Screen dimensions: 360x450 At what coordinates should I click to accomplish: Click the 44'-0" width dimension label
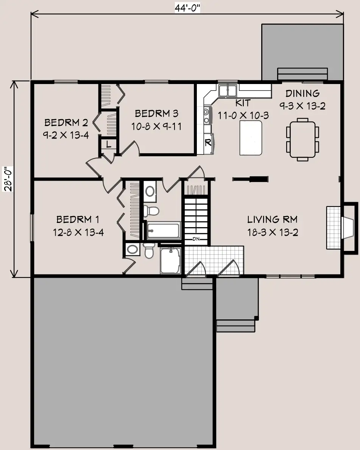(x=187, y=8)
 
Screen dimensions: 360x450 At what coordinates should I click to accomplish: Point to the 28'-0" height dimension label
(x=8, y=179)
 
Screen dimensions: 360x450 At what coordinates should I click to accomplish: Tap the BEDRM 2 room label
(x=66, y=123)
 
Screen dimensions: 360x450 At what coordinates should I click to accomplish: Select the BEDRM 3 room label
(x=156, y=114)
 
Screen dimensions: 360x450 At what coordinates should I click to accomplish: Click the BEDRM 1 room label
(x=78, y=220)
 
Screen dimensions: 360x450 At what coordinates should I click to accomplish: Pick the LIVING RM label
(x=273, y=220)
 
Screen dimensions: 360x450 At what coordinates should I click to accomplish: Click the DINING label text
(x=302, y=93)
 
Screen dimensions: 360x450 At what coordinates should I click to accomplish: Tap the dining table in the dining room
(x=302, y=139)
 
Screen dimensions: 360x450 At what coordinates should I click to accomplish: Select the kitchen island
(x=251, y=138)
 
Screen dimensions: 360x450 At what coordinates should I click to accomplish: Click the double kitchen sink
(x=228, y=90)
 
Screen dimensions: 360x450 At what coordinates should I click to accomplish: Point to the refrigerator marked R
(x=209, y=143)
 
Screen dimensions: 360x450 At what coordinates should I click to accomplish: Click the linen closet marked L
(x=109, y=144)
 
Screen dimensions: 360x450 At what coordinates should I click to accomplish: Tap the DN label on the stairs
(x=196, y=239)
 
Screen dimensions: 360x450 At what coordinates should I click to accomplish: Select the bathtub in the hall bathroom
(x=164, y=230)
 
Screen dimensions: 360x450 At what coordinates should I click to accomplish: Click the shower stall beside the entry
(x=170, y=261)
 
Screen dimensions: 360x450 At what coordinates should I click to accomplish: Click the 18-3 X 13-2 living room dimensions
(x=273, y=232)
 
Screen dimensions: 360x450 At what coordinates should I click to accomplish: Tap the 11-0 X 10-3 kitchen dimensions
(x=243, y=115)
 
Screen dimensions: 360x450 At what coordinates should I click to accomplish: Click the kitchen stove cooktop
(x=207, y=115)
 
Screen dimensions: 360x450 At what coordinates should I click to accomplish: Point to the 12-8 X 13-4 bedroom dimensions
(x=78, y=232)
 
